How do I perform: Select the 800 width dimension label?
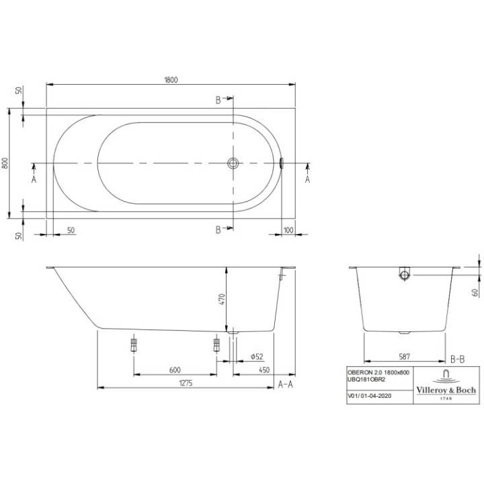tap(5, 163)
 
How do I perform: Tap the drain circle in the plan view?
tap(233, 163)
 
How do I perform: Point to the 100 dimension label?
tap(288, 230)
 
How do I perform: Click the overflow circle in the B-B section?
tap(403, 274)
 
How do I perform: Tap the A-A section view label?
tap(286, 384)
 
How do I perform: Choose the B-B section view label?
tap(457, 359)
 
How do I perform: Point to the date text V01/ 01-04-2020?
tap(370, 396)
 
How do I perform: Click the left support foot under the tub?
tap(133, 346)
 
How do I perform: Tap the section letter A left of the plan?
tap(34, 179)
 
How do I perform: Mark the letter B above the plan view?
tap(218, 100)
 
